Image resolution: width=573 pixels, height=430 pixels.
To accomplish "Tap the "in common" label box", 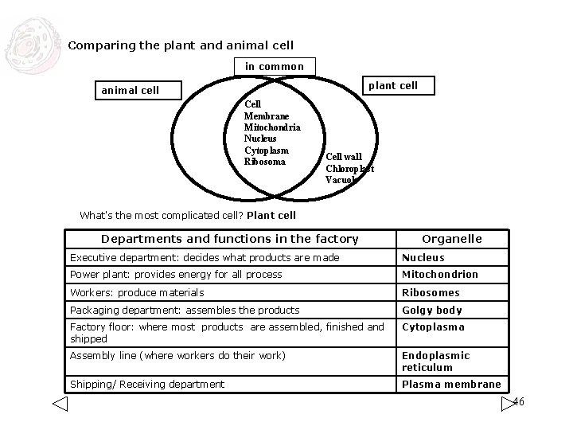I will coord(274,66).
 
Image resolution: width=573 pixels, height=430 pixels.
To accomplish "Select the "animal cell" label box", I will coord(130,90).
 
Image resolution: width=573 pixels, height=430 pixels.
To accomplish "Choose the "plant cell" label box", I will coord(398,85).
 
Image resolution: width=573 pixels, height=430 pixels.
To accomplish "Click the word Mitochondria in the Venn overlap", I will coord(272,127).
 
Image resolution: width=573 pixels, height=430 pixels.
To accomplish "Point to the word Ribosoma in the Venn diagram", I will coord(264,162).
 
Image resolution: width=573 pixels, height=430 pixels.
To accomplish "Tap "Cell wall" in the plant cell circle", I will coord(344,157).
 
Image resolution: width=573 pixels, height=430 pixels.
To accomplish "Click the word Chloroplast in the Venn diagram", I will coord(349,168).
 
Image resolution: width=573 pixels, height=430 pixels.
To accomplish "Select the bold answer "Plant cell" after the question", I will coord(271,215).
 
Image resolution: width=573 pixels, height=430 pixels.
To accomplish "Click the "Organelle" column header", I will coord(451,239).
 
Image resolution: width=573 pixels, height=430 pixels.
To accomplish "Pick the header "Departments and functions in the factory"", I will coord(229,239).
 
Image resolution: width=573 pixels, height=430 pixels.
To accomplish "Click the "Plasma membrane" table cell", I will coord(451,384).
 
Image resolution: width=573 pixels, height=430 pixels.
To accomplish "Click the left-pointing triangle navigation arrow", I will coord(60,404).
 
